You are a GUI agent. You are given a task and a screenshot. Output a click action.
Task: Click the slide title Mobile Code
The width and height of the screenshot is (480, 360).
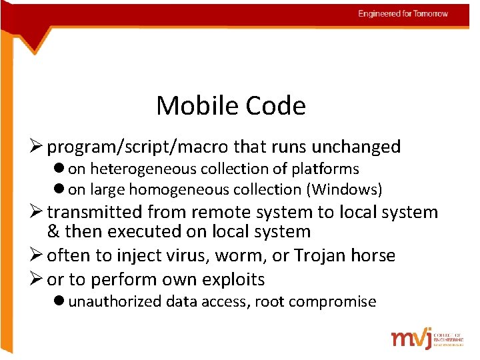pyautogui.click(x=231, y=105)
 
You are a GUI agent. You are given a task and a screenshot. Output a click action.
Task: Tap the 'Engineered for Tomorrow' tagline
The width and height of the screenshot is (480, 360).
pyautogui.click(x=403, y=13)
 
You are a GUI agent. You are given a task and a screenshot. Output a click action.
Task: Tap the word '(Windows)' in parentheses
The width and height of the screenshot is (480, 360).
pyautogui.click(x=344, y=190)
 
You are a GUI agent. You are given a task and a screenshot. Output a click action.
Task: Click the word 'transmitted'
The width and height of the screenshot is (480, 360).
pyautogui.click(x=95, y=212)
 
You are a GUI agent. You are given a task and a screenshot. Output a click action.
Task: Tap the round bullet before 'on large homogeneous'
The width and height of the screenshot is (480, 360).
pyautogui.click(x=61, y=190)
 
